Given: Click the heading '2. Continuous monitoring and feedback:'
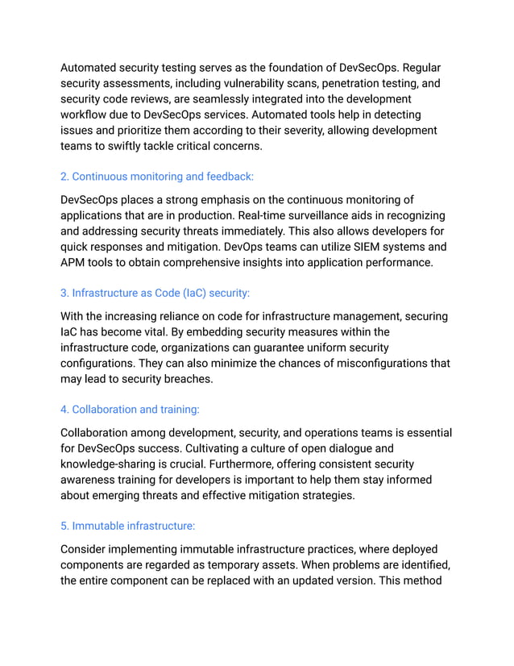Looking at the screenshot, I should tap(157, 176).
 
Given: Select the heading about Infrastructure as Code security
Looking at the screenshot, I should tap(160, 293).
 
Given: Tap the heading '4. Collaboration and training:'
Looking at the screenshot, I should tap(130, 410).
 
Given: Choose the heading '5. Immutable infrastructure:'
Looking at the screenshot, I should tap(127, 526).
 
